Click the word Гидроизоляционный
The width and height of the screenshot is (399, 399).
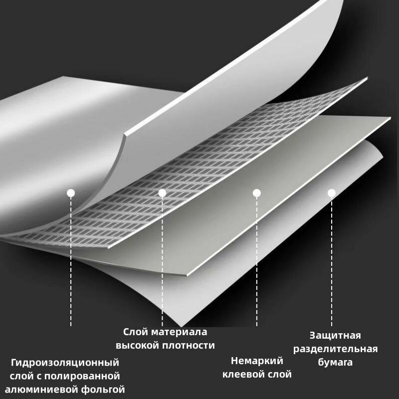pos(65,363)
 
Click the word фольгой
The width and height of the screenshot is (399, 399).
pos(103,390)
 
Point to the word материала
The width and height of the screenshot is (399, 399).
pos(180,332)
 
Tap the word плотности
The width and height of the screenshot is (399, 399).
pos(189,345)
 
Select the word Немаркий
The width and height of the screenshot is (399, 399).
pos(257,361)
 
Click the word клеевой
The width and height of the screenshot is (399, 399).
pos(242,375)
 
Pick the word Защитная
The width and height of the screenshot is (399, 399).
pos(335,336)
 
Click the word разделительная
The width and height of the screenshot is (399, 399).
pos(335,349)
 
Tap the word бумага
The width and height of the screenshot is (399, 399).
pos(335,362)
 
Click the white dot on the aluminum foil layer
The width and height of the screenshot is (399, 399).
pos(71,193)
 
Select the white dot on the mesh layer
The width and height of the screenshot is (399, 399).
pos(162,193)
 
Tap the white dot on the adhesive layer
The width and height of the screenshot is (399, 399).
pos(257,193)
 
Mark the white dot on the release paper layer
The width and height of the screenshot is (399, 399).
pos(331,193)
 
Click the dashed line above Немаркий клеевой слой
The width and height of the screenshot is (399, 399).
pos(257,261)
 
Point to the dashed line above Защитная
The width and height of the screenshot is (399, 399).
pos(331,261)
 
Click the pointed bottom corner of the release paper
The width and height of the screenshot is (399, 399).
pos(181,327)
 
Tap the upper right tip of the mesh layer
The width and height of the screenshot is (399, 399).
pos(367,77)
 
